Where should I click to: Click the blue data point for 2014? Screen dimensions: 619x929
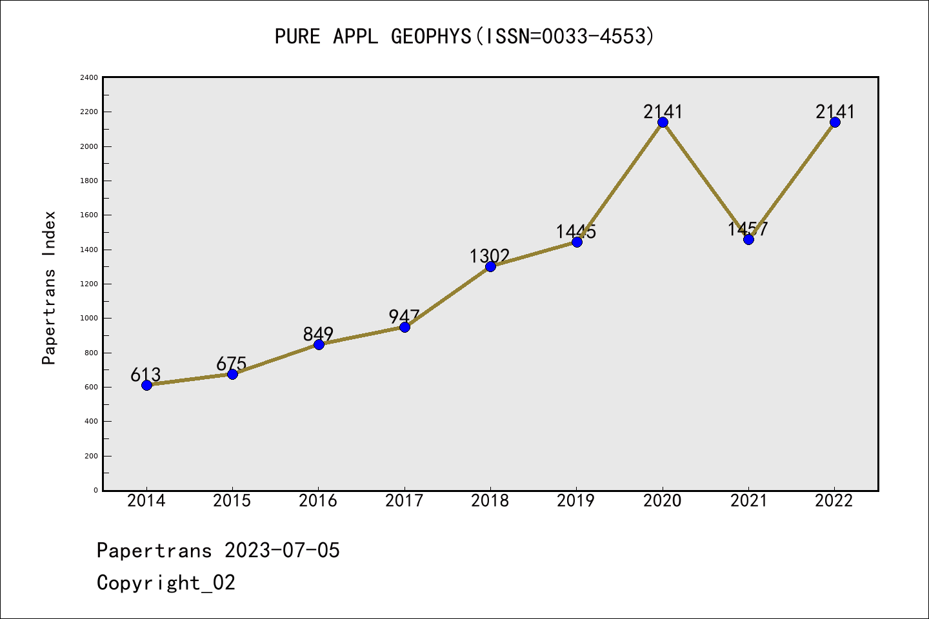pos(146,385)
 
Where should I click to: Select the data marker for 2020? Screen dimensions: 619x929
pos(663,123)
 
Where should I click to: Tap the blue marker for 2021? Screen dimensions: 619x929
pos(748,239)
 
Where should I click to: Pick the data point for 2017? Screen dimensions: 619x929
pos(405,327)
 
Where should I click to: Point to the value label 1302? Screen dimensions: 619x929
pos(490,256)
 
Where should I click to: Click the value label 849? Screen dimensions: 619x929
pos(318,333)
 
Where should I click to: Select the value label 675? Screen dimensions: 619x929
pos(232,364)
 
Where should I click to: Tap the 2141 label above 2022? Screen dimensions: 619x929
pos(835,112)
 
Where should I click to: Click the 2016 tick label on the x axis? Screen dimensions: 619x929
pos(318,500)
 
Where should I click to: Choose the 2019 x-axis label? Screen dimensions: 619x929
pos(576,500)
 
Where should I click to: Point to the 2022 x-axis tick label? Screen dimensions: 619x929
pos(834,500)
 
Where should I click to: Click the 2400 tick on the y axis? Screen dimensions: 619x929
pos(89,78)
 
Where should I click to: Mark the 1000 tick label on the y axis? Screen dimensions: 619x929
pos(89,319)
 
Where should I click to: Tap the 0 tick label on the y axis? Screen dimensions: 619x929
pos(96,490)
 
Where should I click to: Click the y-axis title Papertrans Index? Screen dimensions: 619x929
pos(49,288)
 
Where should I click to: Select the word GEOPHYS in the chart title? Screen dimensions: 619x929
pos(431,36)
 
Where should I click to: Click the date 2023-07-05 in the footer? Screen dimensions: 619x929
pos(282,550)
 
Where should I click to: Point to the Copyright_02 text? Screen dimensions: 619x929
pos(166,582)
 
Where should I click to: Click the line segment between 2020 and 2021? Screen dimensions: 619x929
pos(705,181)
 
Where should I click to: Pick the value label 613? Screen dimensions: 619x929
pos(145,375)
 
